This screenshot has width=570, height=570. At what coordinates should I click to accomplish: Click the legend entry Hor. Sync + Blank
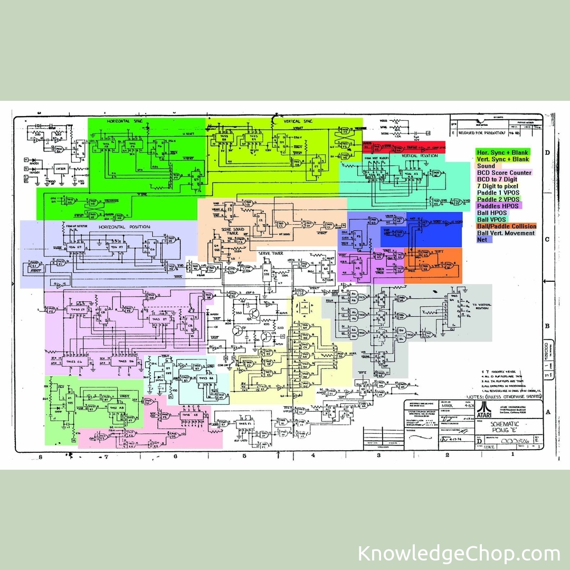tap(502, 152)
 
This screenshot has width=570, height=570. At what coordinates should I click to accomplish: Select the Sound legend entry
tap(486, 166)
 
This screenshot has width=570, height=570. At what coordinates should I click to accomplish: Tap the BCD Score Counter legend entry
tap(504, 173)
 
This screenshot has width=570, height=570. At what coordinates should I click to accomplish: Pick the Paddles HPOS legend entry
tap(499, 206)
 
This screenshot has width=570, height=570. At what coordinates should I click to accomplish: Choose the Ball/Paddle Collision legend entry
tap(506, 226)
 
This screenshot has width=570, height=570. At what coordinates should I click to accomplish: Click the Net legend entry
tap(482, 240)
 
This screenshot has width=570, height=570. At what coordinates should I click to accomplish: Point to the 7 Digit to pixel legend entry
tap(498, 186)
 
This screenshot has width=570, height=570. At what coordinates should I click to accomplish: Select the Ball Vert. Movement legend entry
tap(506, 233)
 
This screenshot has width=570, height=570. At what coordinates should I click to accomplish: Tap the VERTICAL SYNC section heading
tap(299, 121)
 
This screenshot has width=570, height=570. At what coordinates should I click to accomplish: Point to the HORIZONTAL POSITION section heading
tap(124, 227)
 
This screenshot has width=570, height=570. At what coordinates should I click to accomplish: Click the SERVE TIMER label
tap(271, 253)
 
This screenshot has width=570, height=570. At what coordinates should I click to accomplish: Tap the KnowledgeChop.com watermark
tap(459, 554)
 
